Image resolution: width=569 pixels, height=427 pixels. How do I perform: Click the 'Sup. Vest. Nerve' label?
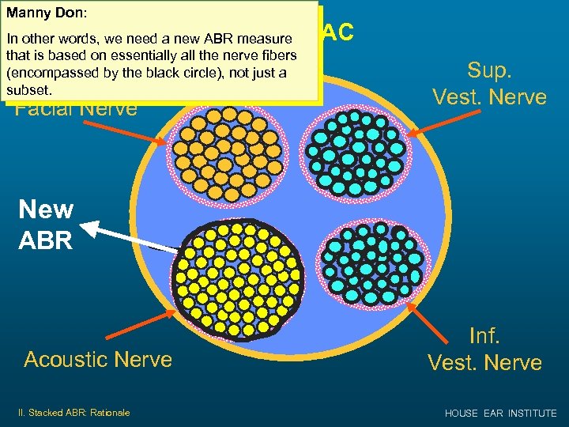pos(489,83)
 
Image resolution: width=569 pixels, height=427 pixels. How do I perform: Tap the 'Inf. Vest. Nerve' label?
pos(484,349)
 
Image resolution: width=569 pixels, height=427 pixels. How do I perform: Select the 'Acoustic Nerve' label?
pos(98,359)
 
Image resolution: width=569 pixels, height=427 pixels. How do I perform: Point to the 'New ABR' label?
pos(46,225)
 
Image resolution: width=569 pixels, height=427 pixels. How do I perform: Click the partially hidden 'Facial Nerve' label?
pos(77,108)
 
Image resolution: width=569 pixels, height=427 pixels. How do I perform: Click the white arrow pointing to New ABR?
pos(126,237)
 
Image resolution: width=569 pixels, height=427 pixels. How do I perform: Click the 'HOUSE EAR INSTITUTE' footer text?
pos(501,413)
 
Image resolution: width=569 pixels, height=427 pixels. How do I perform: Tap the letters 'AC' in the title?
pos(337,32)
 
